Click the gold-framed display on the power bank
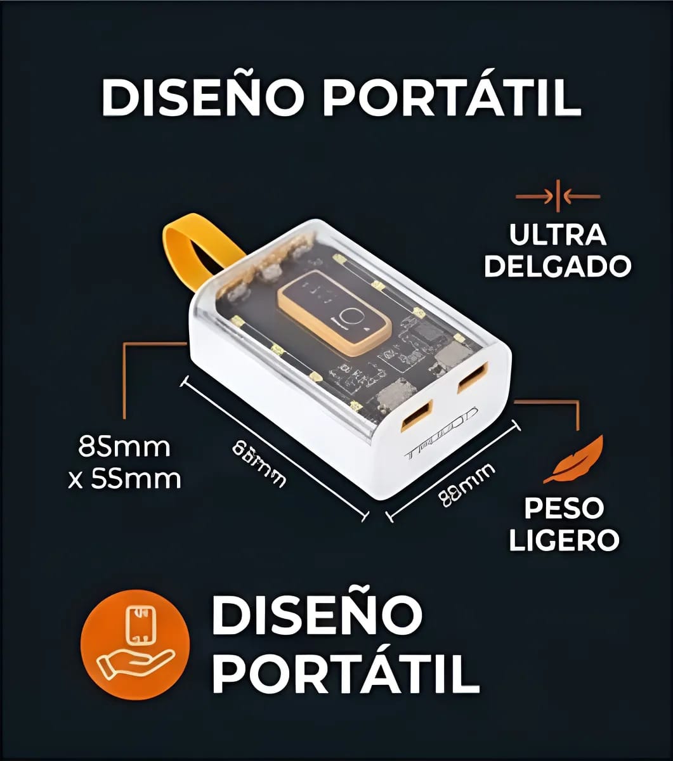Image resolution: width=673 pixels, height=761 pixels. pos(334,312)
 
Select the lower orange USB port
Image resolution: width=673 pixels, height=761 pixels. pos(417,416)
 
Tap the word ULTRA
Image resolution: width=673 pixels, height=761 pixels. pos(558,235)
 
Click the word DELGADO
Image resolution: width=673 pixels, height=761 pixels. pos(558,266)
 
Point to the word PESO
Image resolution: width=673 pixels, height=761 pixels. pos(564,508)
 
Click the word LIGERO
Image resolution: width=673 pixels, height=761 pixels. pos(564,539)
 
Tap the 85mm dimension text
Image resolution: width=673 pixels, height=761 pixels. pos(125,447)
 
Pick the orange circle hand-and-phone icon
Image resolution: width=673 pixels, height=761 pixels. pos(135,644)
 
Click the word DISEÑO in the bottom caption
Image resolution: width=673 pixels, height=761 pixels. pos(317,615)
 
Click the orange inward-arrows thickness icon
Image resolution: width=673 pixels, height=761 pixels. pos(558,197)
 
